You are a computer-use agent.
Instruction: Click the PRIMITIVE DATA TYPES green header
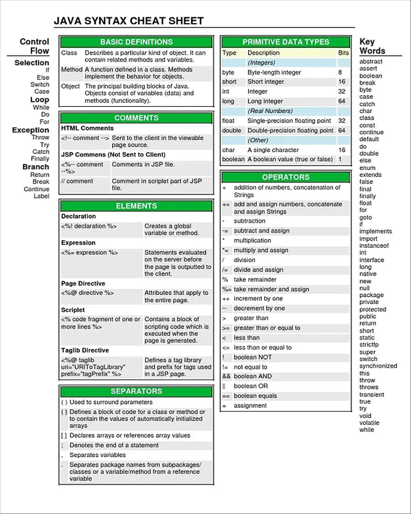286,42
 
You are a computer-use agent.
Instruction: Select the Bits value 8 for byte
340,73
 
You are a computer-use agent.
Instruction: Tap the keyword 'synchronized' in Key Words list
378,366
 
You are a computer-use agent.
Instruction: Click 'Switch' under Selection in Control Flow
40,84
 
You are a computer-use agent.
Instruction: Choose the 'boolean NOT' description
253,357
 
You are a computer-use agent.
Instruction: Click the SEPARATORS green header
136,391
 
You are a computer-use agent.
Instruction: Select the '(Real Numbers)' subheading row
270,111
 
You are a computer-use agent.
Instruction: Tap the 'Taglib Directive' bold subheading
85,350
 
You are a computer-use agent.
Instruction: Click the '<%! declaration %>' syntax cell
89,226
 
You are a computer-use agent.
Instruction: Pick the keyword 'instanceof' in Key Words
374,245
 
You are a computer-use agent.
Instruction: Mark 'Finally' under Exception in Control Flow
40,158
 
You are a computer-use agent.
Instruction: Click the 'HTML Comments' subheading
87,128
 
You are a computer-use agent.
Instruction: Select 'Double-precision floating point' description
290,131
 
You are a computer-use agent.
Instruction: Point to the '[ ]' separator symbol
64,436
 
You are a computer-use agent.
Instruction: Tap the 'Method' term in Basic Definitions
71,70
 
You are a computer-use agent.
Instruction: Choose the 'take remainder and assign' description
271,289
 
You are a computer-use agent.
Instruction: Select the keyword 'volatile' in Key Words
369,423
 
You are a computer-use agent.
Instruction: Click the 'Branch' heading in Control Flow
36,167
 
